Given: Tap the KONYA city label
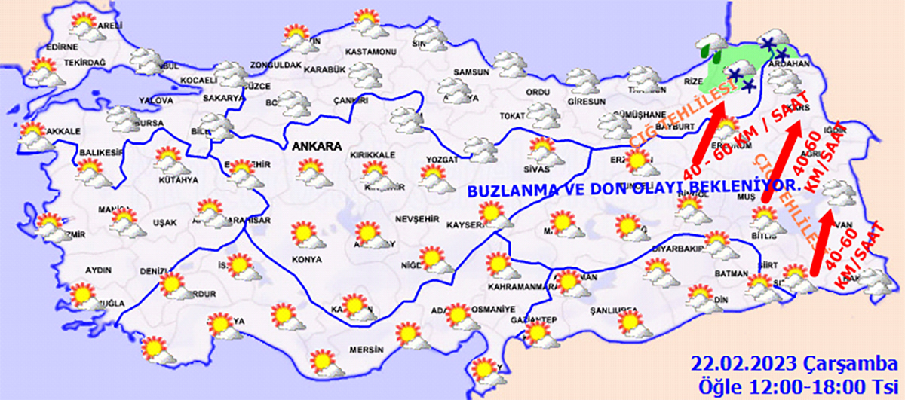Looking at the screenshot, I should pyautogui.click(x=306, y=259).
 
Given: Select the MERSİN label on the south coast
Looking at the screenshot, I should pyautogui.click(x=367, y=350).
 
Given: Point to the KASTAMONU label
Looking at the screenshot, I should pyautogui.click(x=370, y=51).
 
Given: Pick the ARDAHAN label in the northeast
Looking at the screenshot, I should pyautogui.click(x=787, y=66).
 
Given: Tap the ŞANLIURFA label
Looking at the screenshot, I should pyautogui.click(x=612, y=310).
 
